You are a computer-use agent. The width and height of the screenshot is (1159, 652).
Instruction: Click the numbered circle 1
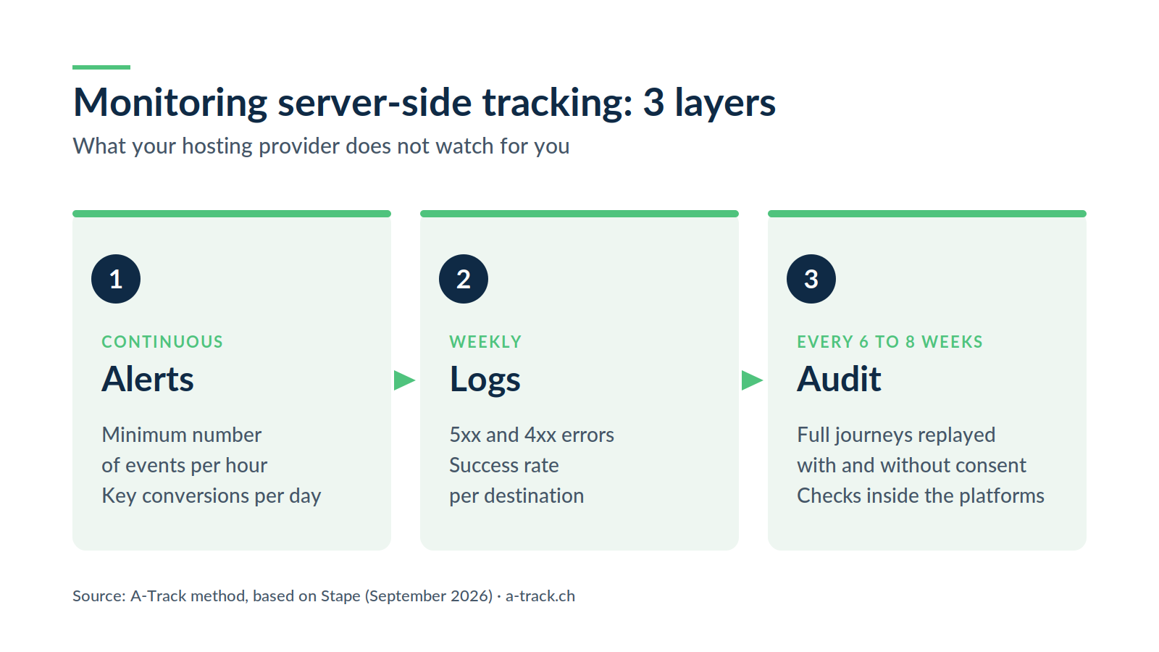116,279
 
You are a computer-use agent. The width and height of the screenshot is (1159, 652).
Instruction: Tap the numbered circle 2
464,279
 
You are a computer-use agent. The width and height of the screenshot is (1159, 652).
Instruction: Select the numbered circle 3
811,279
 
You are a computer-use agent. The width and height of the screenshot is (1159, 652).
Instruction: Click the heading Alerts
148,380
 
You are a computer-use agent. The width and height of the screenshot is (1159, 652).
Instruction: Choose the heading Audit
839,380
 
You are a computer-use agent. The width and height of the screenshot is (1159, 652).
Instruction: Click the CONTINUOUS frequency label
162,342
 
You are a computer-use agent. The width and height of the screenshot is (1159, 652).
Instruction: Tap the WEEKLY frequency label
485,342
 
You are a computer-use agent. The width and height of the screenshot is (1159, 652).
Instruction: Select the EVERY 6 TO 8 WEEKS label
890,342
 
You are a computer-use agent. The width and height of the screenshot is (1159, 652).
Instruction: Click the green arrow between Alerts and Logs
404,380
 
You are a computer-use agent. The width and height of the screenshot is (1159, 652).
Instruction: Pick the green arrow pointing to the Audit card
752,380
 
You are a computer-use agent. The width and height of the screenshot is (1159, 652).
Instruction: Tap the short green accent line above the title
101,67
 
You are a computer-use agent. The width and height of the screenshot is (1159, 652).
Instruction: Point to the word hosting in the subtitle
217,147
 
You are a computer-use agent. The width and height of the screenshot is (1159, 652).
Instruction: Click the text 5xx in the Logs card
464,435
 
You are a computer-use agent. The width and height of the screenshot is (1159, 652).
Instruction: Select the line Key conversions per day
211,496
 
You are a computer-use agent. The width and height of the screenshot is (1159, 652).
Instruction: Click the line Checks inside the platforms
921,496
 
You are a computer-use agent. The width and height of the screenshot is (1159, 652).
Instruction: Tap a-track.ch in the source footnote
540,596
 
